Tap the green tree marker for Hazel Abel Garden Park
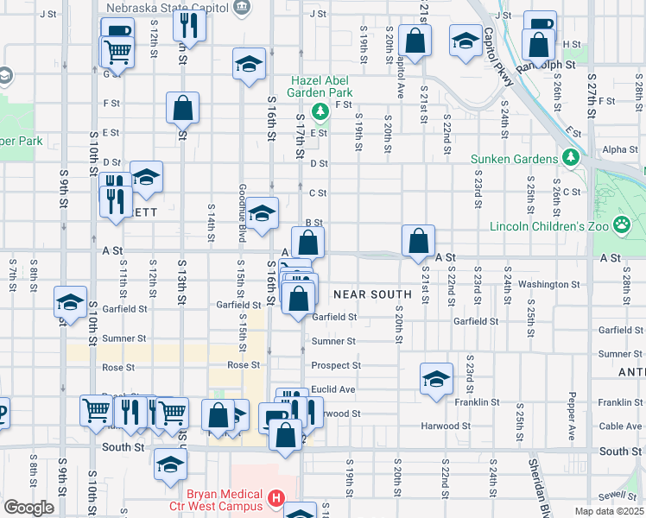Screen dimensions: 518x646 320,111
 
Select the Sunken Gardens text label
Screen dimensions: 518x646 515,159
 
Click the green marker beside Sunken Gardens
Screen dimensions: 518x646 571,158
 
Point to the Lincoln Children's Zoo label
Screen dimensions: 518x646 549,226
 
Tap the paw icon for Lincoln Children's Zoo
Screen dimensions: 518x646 622,225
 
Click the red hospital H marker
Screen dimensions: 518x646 275,497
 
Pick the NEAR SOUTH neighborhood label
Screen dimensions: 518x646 373,294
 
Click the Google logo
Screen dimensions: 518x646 28,507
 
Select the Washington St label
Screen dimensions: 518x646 549,284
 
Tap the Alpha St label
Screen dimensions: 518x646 619,149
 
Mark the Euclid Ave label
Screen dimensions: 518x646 333,389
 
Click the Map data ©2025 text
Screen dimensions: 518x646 610,511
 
